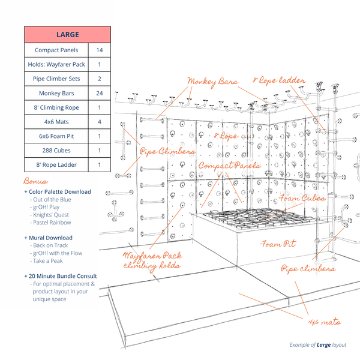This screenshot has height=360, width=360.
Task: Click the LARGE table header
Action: click(67, 34)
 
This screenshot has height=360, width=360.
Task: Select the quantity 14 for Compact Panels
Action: click(99, 50)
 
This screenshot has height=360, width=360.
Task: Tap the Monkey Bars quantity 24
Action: click(99, 93)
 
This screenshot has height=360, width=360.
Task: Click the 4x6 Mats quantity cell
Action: click(99, 122)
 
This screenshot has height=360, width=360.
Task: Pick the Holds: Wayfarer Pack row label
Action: click(56, 65)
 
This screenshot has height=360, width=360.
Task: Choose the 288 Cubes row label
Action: click(56, 150)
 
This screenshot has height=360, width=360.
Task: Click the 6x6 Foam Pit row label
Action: click(56, 136)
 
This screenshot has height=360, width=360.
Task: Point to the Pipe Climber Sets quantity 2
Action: click(99, 79)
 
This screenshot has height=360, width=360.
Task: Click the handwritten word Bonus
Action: click(35, 180)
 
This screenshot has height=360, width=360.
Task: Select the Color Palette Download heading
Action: click(57, 191)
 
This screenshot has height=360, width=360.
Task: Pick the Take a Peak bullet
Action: click(49, 261)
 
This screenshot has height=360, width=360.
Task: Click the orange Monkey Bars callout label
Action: click(212, 81)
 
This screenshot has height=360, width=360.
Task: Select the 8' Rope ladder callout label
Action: click(279, 79)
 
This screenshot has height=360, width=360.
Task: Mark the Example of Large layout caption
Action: click(317, 345)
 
